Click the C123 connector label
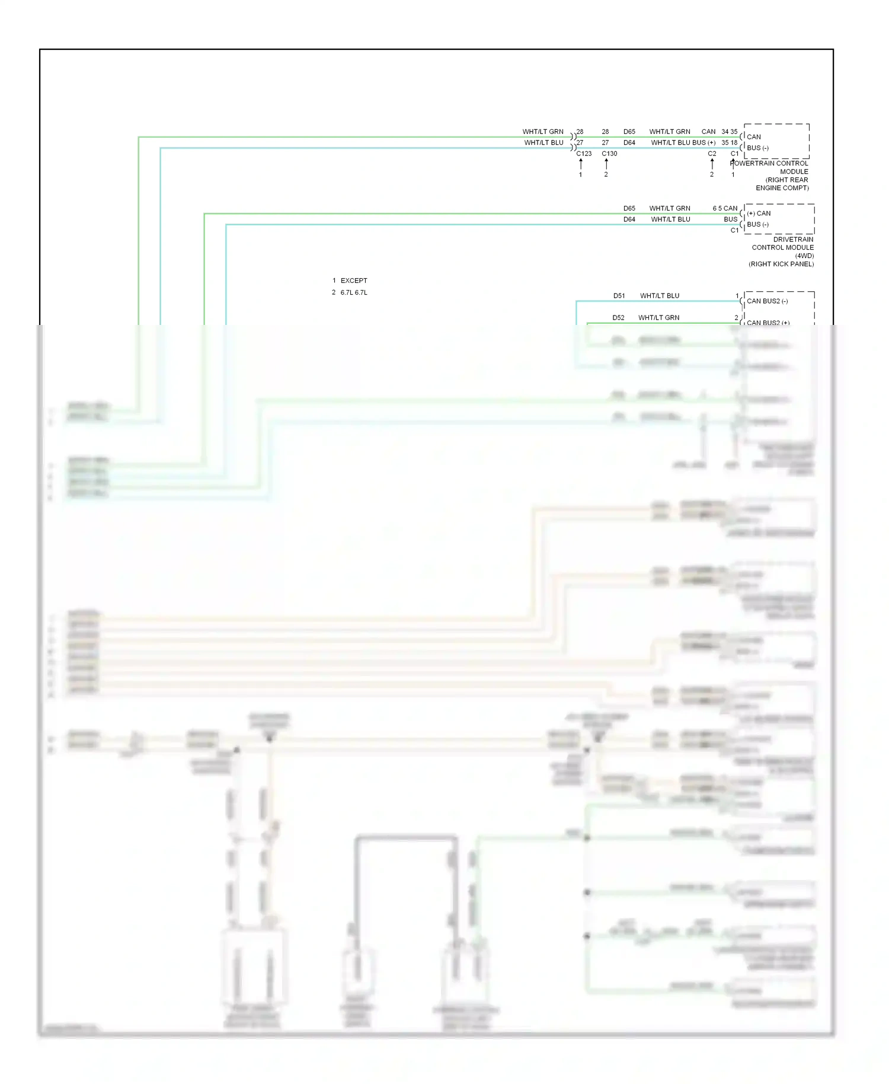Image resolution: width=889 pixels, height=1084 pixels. [x=584, y=154]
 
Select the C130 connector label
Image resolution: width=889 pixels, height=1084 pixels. [x=609, y=154]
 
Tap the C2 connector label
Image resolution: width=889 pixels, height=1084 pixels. [x=712, y=154]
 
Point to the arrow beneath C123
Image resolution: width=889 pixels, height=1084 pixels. [x=581, y=164]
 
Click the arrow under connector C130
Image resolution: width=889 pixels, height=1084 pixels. [x=606, y=164]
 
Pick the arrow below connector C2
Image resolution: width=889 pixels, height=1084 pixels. [x=712, y=164]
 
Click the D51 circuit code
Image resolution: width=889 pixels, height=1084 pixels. [x=619, y=296]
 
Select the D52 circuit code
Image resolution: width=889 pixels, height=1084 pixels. [x=618, y=318]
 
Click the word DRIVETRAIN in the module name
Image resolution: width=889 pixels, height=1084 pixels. [x=793, y=240]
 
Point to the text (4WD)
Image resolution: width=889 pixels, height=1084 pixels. [x=804, y=256]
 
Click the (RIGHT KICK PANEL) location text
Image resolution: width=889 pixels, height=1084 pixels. [x=781, y=264]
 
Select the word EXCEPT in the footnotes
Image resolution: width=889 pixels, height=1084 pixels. [x=354, y=281]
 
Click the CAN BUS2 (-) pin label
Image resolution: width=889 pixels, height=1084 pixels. [x=767, y=301]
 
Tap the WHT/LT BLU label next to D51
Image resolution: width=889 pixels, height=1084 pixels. [x=660, y=296]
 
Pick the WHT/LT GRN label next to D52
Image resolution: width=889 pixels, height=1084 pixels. [x=658, y=318]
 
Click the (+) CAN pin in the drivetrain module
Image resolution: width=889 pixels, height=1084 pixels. [x=759, y=213]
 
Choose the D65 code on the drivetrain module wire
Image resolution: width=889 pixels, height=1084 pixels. [x=629, y=209]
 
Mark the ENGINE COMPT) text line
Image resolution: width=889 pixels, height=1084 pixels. [x=782, y=188]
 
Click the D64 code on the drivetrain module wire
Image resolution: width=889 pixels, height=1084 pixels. [x=629, y=219]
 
